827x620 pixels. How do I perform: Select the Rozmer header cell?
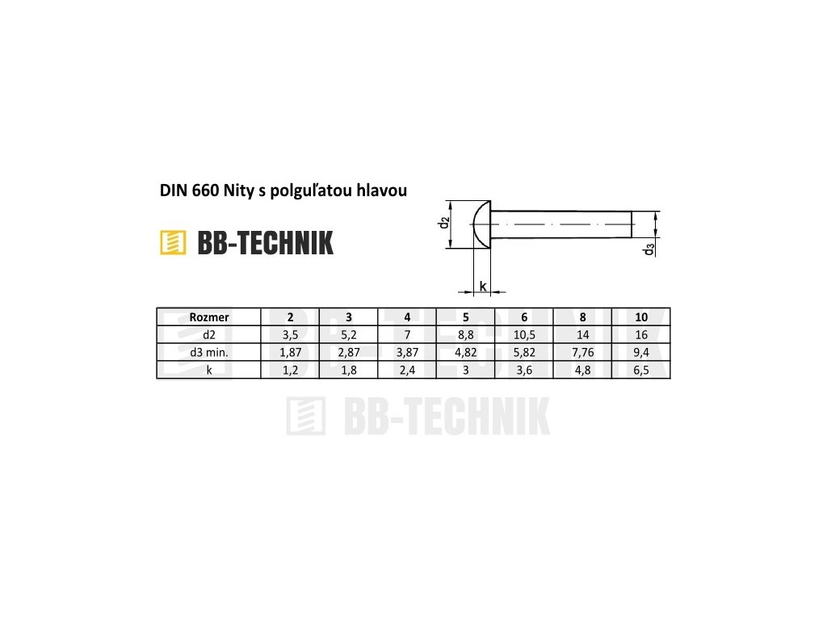208,317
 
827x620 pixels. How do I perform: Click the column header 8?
582,317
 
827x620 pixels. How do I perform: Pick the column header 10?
641,317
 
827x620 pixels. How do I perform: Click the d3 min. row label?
208,352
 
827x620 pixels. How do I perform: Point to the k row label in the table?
208,370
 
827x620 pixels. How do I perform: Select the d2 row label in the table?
208,334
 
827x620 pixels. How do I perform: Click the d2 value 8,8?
466,334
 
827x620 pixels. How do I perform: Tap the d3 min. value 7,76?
582,352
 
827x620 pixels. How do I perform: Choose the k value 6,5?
641,370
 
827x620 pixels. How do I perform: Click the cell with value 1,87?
290,352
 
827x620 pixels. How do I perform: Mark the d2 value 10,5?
524,334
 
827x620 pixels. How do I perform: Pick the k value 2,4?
407,370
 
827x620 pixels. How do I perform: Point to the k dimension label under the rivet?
482,286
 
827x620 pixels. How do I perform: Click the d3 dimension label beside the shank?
649,249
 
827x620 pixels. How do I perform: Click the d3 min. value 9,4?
641,352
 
